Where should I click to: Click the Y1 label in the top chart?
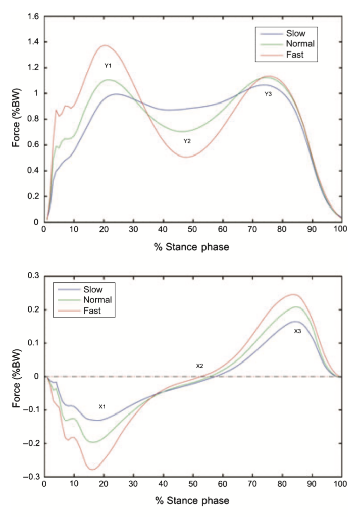108,66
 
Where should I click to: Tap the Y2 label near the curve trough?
187,141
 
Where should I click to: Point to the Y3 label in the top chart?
268,94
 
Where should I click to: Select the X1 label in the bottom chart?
101,406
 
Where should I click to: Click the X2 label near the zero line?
199,366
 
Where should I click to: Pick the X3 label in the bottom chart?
297,331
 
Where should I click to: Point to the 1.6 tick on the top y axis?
33,16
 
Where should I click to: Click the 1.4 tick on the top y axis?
33,42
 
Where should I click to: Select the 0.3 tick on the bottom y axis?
34,275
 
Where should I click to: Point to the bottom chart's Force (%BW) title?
17,376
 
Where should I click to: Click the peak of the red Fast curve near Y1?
105,45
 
